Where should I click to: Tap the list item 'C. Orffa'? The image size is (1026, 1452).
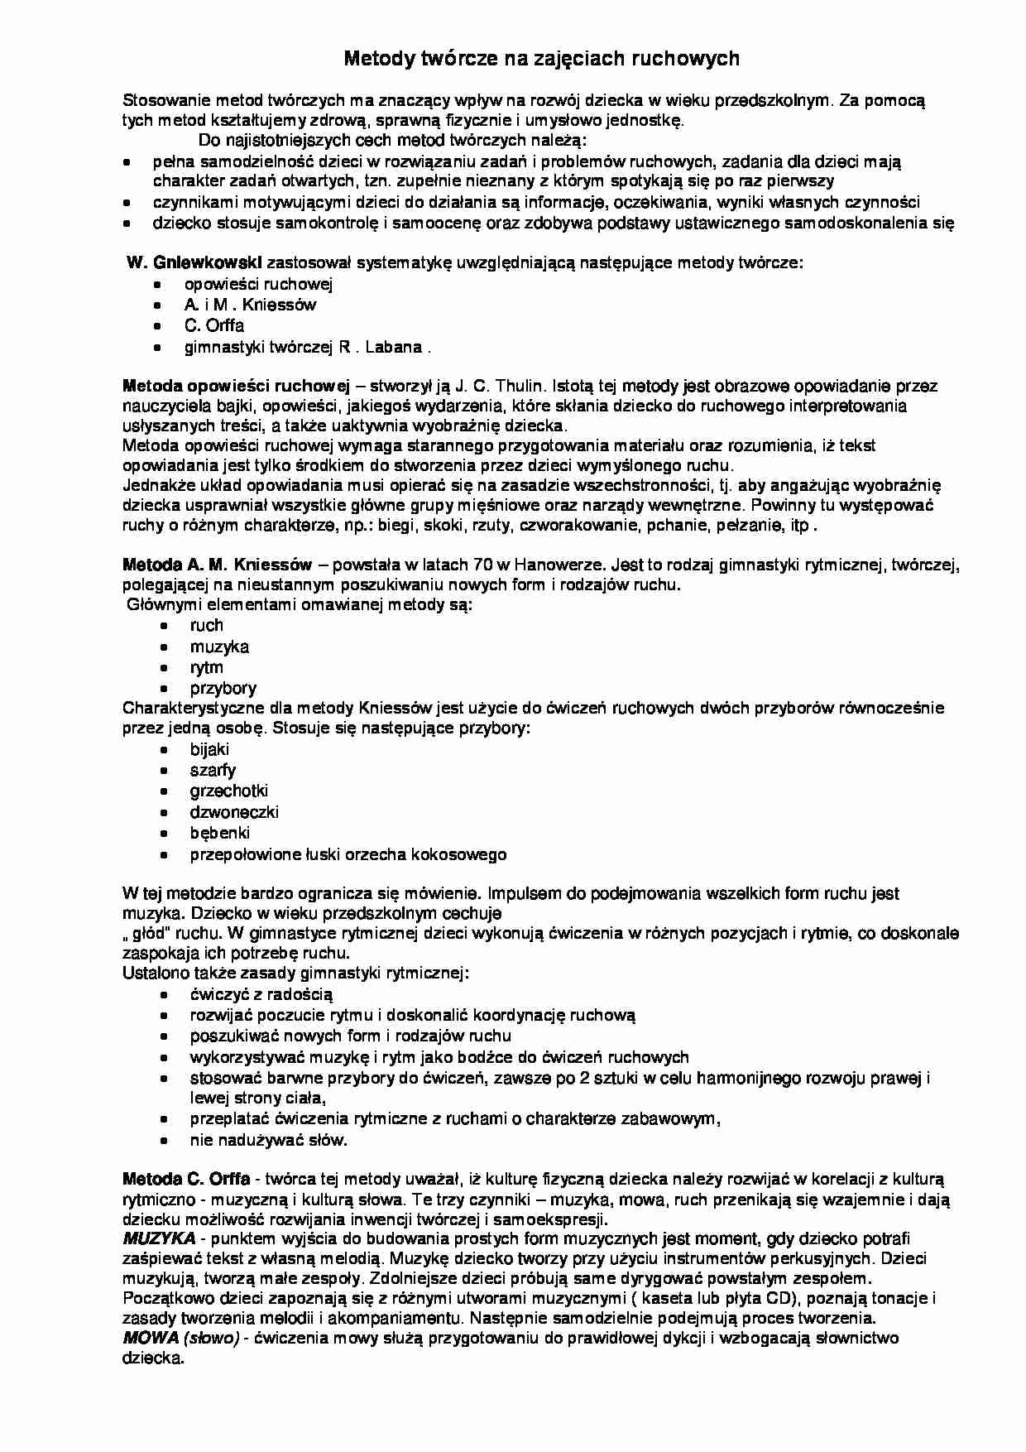(213, 325)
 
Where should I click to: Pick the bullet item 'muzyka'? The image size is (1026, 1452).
(219, 647)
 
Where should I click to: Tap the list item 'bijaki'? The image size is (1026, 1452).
(209, 749)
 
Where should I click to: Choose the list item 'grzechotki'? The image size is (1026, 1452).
(228, 791)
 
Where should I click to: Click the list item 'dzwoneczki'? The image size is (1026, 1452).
(234, 812)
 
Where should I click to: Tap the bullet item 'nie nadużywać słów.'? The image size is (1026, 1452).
(268, 1140)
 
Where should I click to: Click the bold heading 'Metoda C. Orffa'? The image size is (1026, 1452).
(186, 1178)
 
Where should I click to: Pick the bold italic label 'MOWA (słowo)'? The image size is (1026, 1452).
(180, 1339)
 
